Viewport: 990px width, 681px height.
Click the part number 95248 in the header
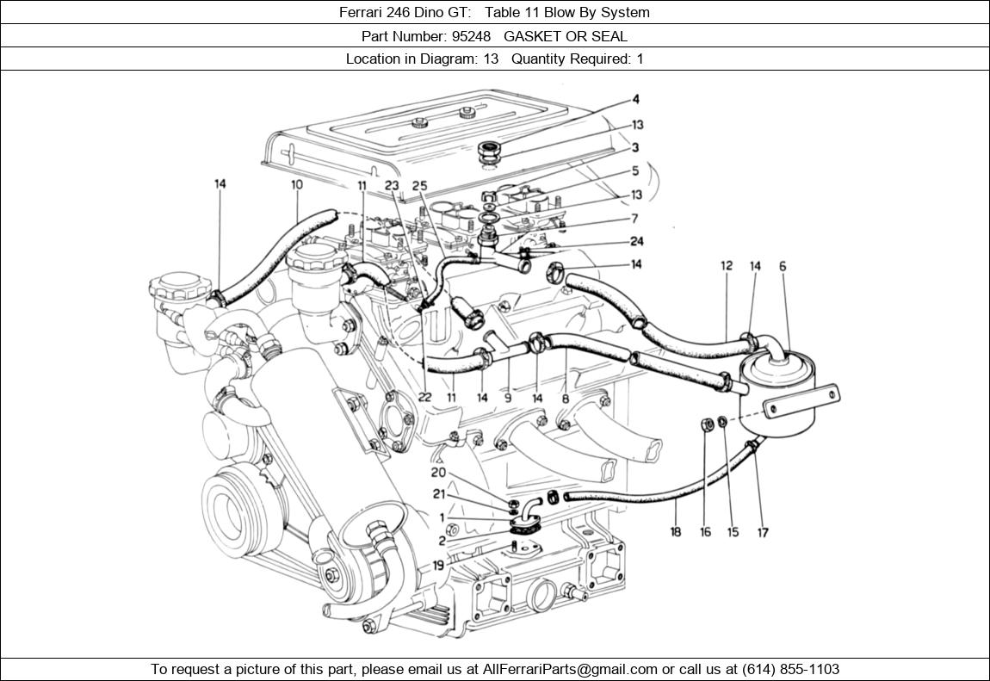coord(471,36)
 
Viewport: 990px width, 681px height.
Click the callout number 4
coord(635,100)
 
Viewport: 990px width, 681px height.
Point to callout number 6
coord(783,267)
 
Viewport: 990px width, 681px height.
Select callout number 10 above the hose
coord(297,184)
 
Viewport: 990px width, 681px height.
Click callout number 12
coord(727,266)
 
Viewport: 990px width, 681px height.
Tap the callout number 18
coord(676,532)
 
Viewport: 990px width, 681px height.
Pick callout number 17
coord(762,532)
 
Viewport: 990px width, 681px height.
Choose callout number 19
coord(438,566)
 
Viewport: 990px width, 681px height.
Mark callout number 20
coord(438,473)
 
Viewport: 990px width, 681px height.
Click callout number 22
coord(424,397)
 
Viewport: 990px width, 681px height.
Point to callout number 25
coord(419,185)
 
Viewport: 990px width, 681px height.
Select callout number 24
coord(636,242)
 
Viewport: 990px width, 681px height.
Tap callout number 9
coord(508,398)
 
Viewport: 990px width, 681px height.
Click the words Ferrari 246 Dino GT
coord(404,12)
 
